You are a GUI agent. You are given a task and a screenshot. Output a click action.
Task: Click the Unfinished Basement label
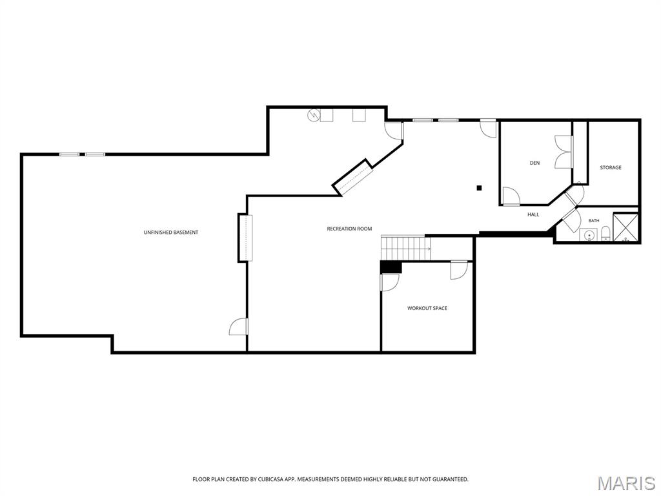point(170,232)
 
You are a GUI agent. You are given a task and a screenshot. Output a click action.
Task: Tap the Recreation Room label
point(349,229)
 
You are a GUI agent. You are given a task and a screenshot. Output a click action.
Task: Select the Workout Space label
point(427,308)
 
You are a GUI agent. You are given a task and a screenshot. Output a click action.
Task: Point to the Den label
point(534,163)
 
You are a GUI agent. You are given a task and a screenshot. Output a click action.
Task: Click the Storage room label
point(611,168)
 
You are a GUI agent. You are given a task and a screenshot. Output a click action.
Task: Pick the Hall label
point(533,214)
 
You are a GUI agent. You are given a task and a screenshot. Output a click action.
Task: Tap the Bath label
point(594,221)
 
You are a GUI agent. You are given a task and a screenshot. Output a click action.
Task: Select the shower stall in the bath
point(625,227)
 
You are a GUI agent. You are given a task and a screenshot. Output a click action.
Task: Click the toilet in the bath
point(605,233)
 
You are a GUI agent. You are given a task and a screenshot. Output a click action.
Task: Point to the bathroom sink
point(589,235)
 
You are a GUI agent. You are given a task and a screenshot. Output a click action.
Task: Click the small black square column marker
point(479,188)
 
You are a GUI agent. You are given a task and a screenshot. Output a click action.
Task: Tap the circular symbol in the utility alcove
point(313,115)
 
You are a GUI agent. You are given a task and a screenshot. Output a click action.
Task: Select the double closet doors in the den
point(563,152)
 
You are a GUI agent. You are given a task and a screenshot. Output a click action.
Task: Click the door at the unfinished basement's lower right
point(239,327)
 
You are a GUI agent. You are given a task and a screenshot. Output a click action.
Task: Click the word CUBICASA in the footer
point(270,480)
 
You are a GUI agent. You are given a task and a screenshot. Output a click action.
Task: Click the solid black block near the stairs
point(391,267)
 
